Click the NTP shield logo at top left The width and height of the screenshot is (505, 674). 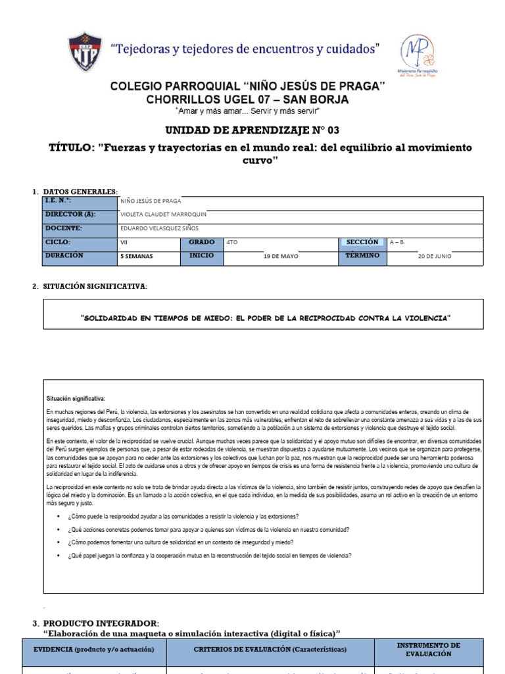point(85,53)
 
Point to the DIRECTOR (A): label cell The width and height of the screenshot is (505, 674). point(79,215)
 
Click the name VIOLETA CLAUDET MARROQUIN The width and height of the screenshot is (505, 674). point(163,215)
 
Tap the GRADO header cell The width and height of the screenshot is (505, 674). point(202,242)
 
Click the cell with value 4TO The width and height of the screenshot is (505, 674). point(232,242)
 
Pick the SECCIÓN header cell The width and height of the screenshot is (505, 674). point(362,242)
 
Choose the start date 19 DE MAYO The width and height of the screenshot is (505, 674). point(280,257)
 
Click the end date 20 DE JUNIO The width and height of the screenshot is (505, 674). point(435,257)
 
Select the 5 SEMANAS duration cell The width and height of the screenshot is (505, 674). point(136,257)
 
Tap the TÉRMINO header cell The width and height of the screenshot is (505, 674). point(362,256)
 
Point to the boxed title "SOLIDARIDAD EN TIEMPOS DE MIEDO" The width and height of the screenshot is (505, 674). point(265,318)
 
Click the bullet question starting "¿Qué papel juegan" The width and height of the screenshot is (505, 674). point(209,555)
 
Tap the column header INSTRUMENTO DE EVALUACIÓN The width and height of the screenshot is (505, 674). point(428,649)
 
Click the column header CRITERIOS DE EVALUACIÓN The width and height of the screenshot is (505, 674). point(270,650)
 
